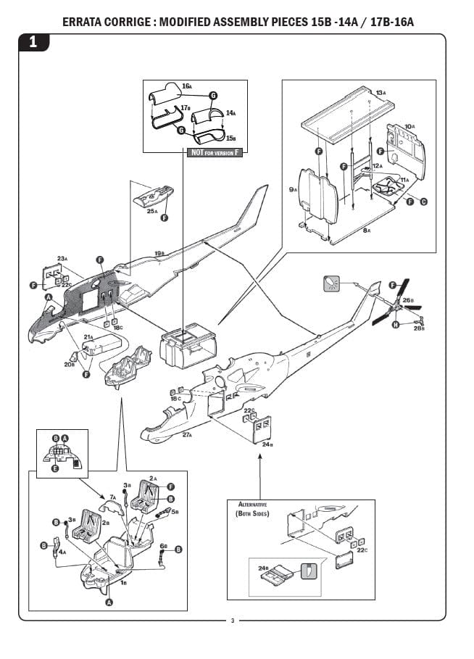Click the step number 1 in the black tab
coord(33,43)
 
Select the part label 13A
coord(381,92)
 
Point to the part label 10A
coord(409,126)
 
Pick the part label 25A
coord(152,211)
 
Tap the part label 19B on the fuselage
coord(159,254)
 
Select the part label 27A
coord(186,434)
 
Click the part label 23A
coord(62,258)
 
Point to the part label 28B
coord(419,328)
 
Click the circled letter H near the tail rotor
coord(395,326)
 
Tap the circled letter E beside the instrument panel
coord(54,469)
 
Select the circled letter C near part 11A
coord(423,202)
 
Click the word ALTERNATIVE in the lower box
coord(253,504)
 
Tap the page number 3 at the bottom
coord(232,621)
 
